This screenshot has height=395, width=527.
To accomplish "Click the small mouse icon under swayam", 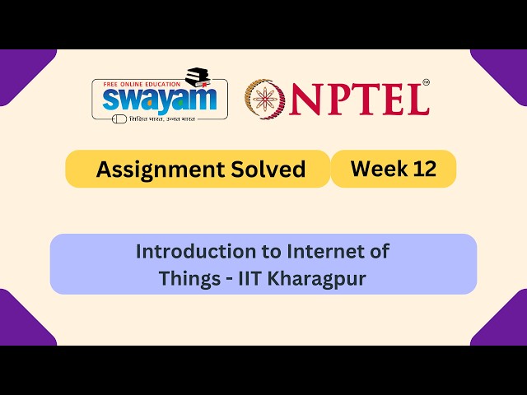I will [x=120, y=118].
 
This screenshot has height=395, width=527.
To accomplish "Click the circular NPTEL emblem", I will [x=266, y=98].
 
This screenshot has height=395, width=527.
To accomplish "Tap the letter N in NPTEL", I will [x=305, y=99].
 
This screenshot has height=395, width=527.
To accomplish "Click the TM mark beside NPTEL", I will [x=426, y=82].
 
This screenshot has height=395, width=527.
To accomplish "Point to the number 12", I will [x=422, y=169].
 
